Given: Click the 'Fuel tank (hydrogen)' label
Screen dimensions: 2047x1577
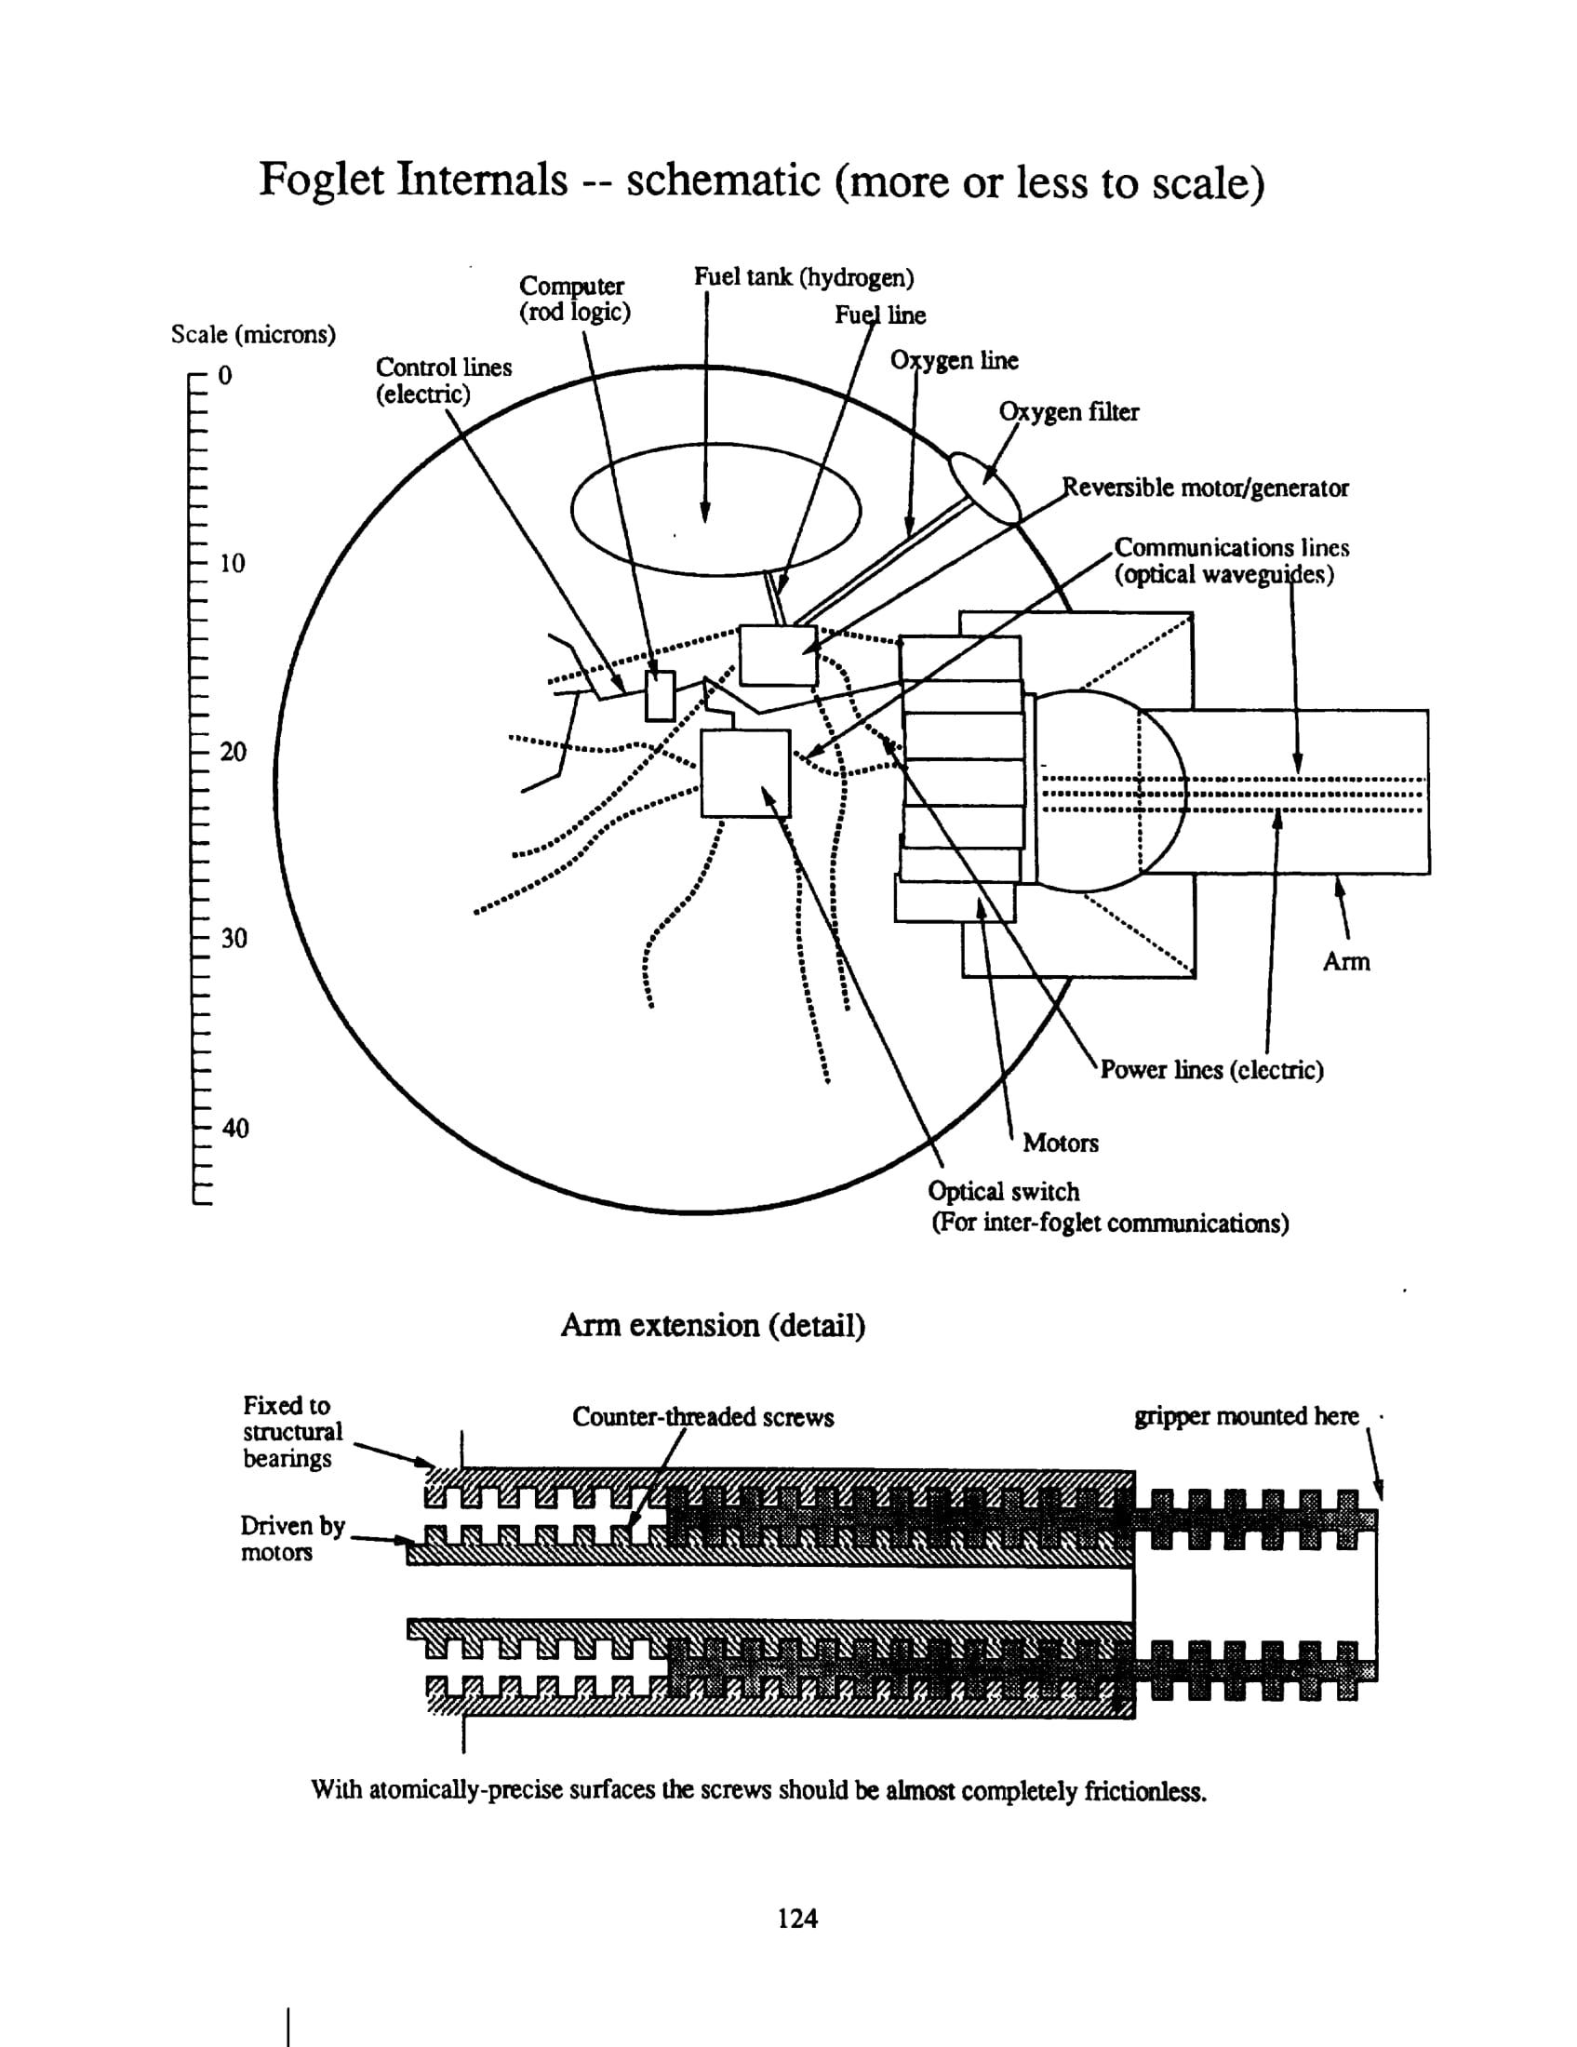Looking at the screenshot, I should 803,277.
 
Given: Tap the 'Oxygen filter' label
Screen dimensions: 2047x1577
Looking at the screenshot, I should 1068,412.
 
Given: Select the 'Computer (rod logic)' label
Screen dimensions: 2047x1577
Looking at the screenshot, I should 573,298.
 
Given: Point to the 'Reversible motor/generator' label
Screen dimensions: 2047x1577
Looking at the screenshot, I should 1204,488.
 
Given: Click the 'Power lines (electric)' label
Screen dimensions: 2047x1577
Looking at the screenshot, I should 1210,1069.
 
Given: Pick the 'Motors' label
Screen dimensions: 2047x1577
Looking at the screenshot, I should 1060,1143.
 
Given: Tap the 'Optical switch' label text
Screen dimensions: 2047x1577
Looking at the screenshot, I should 1004,1191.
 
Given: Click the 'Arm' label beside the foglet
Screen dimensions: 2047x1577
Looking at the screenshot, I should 1345,962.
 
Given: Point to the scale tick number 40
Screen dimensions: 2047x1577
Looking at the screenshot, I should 235,1128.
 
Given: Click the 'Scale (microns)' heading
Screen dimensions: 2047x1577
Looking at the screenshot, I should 253,335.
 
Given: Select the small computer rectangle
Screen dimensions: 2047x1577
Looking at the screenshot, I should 660,695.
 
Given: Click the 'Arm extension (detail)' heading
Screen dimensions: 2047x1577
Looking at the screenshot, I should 713,1325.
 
